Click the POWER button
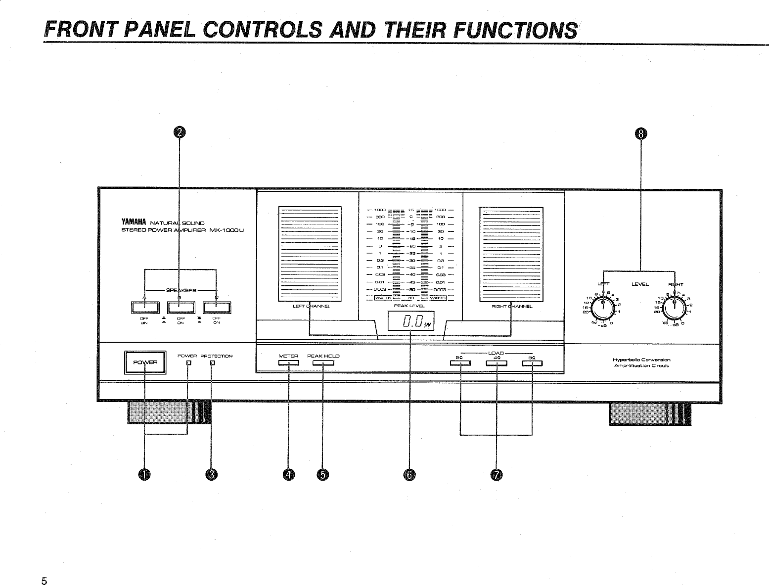tap(144, 362)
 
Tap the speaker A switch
tap(144, 307)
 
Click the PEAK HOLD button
tap(323, 364)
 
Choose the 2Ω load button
tap(460, 364)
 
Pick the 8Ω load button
tap(532, 364)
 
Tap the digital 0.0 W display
tap(410, 324)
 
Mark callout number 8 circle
tap(640, 133)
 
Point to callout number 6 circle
tap(410, 475)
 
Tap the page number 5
tap(45, 581)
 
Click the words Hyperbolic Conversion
tap(641, 360)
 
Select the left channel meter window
tap(310, 253)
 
